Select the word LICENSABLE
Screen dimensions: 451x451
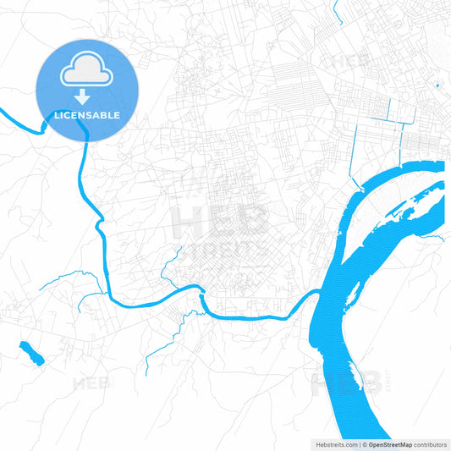(87, 115)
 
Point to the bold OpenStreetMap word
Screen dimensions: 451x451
(388, 443)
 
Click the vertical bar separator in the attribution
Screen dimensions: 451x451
(359, 443)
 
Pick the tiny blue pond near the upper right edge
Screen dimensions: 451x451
(437, 85)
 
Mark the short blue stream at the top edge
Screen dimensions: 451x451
(337, 10)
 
